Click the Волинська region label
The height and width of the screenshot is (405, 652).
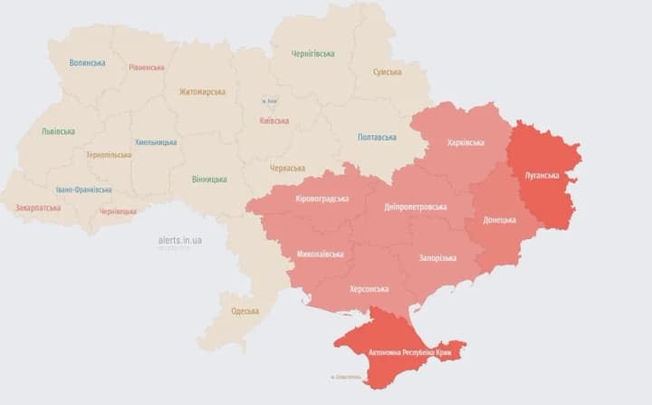click(x=87, y=63)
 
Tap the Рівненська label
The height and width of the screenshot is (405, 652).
click(x=146, y=67)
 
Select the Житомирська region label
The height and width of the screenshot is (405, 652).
click(x=202, y=92)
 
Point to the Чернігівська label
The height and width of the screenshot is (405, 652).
click(x=313, y=53)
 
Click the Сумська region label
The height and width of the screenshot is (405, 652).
click(x=387, y=72)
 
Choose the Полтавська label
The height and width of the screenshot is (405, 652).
click(x=377, y=137)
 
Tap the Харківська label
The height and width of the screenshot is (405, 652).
click(x=465, y=142)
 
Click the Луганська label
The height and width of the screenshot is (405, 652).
click(x=542, y=175)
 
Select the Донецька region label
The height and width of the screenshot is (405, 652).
click(x=499, y=219)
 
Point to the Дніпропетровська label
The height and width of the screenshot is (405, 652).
click(x=416, y=207)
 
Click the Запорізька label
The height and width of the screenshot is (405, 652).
click(x=437, y=258)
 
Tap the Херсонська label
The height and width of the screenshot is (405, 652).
click(x=369, y=289)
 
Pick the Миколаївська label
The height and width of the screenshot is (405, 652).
click(x=320, y=254)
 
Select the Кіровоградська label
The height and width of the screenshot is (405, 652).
click(x=321, y=198)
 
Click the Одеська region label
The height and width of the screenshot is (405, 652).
click(x=244, y=311)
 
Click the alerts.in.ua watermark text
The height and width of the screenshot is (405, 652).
click(x=179, y=240)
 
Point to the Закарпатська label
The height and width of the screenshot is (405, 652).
click(x=38, y=207)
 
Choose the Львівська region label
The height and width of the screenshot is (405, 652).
click(x=58, y=131)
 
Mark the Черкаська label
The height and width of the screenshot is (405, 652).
click(x=287, y=168)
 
